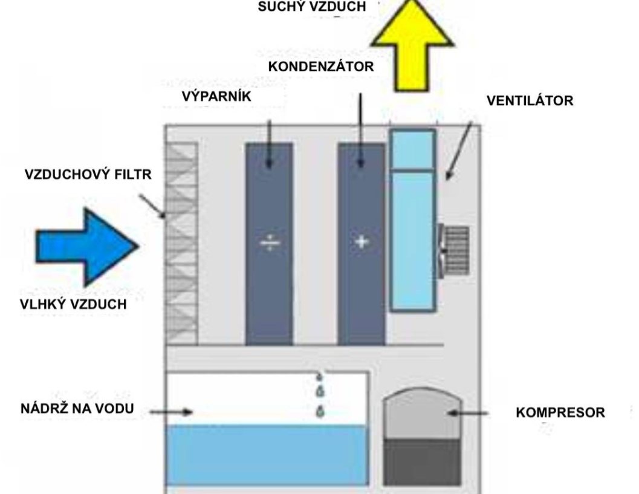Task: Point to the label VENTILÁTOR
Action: (x=530, y=101)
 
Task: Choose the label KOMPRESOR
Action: (x=560, y=414)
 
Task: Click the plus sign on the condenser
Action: (x=361, y=242)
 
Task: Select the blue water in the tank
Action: (x=267, y=453)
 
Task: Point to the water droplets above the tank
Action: (x=319, y=394)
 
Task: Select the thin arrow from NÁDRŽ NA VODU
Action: (x=172, y=412)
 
